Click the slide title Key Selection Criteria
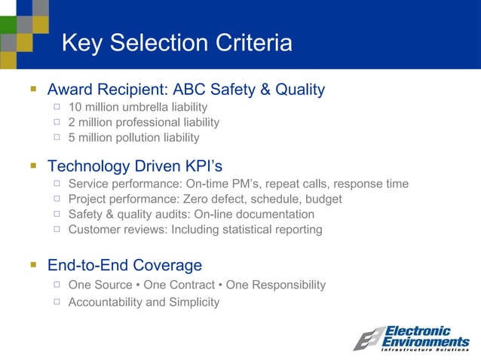click(x=176, y=43)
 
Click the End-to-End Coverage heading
click(x=124, y=265)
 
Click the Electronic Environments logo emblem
click(x=368, y=339)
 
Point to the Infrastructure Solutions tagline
click(x=425, y=349)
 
